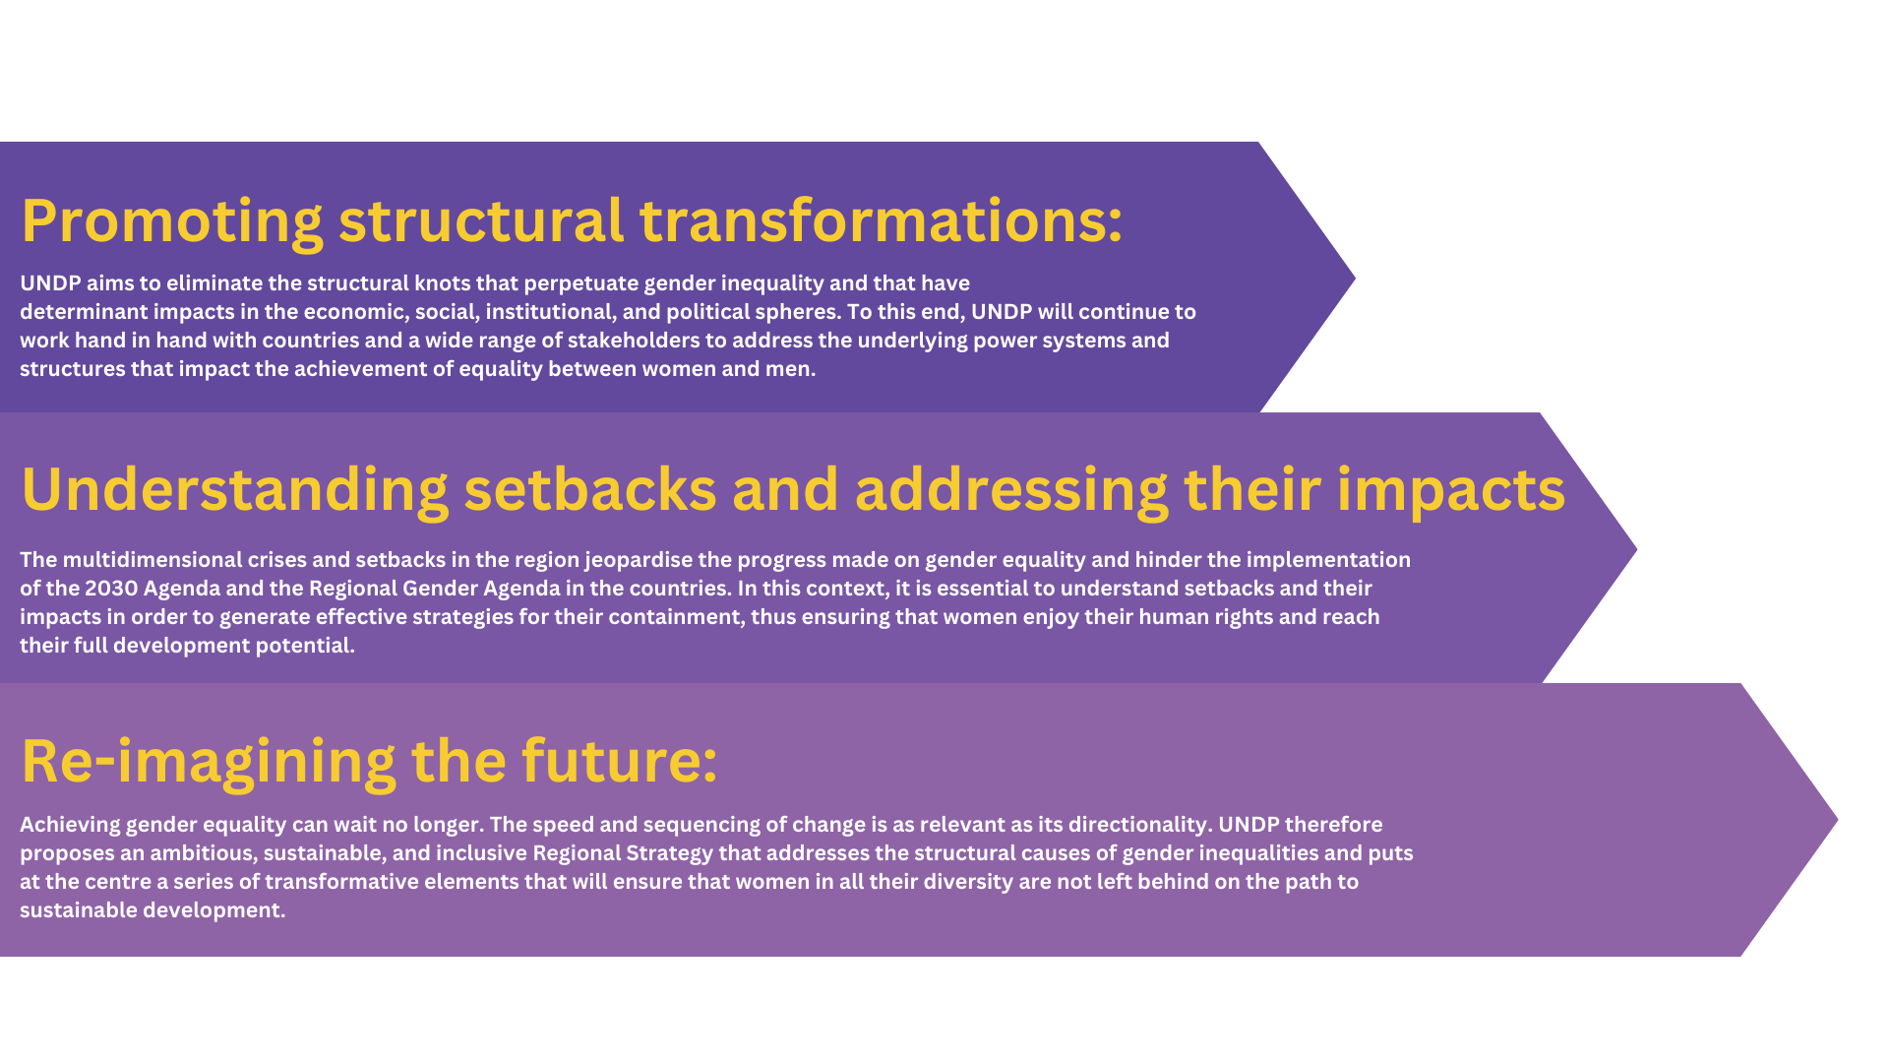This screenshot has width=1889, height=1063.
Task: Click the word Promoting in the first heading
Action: [x=172, y=221]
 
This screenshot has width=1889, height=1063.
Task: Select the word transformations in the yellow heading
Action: [x=881, y=219]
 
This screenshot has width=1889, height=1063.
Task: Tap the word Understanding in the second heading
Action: [x=234, y=490]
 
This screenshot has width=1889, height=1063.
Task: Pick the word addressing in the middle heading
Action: [x=1011, y=490]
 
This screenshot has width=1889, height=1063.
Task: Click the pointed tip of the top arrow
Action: [x=1355, y=279]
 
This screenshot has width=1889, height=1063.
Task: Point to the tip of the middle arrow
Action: [x=1636, y=549]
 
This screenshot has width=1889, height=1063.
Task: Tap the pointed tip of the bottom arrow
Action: [x=1837, y=820]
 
